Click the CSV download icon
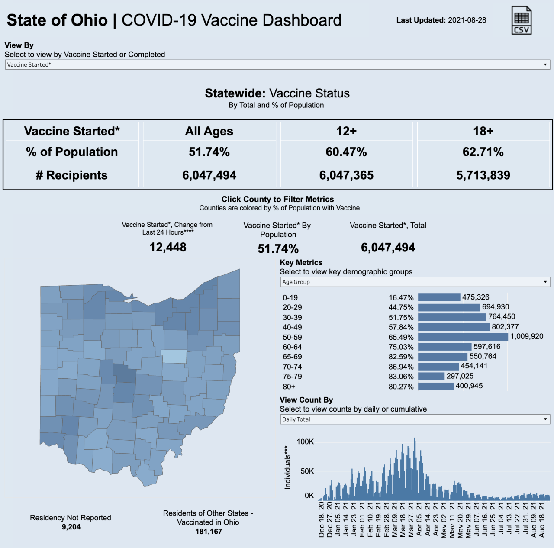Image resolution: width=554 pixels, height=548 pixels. tap(521, 20)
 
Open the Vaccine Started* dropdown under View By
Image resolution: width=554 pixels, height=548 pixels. tap(277, 65)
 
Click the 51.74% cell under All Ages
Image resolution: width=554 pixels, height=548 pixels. tap(209, 152)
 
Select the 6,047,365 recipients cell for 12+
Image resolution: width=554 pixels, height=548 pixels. tap(346, 175)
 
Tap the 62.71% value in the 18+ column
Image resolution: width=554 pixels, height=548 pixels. tap(483, 152)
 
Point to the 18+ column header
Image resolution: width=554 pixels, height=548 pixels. tap(483, 131)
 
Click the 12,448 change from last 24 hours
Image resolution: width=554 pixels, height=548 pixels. tap(168, 247)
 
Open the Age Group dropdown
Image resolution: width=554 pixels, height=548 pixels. tap(415, 282)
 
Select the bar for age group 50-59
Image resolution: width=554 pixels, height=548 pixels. tap(463, 337)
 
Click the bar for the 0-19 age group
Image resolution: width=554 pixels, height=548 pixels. tap(439, 297)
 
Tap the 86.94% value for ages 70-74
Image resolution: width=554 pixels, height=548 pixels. tap(401, 367)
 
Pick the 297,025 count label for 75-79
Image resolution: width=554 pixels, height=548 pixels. tap(460, 376)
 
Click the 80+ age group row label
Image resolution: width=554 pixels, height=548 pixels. tap(289, 387)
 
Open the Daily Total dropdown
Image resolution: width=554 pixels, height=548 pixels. tap(415, 419)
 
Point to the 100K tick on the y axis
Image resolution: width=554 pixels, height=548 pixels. tap(305, 442)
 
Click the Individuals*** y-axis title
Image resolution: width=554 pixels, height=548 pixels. tap(287, 467)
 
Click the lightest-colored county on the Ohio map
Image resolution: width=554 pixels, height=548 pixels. tap(174, 357)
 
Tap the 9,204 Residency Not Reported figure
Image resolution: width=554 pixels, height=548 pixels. tap(71, 527)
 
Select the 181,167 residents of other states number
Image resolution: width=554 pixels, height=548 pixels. tap(209, 532)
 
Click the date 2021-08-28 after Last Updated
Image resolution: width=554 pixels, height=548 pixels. tap(467, 20)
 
